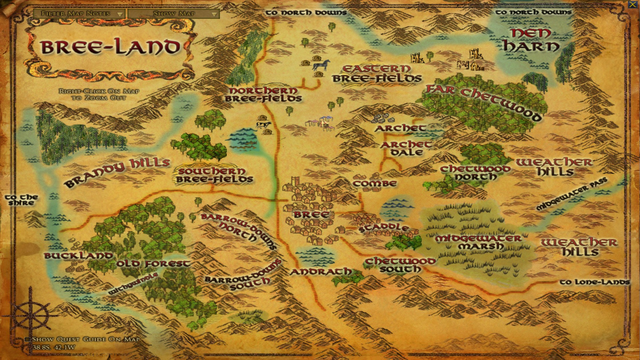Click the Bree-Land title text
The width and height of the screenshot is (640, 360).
(110, 47)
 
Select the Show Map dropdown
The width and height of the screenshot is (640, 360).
(174, 14)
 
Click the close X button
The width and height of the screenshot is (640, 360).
(632, 5)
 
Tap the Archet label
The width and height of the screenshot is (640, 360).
(400, 128)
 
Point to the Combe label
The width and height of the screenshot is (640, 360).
(375, 184)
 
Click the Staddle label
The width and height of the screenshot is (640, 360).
(384, 228)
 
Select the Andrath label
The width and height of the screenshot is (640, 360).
(320, 272)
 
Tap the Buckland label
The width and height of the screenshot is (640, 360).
(78, 256)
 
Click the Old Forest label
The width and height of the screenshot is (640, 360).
(153, 264)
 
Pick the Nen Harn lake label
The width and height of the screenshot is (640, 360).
(530, 40)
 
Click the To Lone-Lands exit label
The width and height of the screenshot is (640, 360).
(595, 282)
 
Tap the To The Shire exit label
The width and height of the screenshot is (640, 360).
(21, 200)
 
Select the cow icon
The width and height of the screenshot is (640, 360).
(263, 125)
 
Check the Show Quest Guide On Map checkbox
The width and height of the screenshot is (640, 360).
(28, 339)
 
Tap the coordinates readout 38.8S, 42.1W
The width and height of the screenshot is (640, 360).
(53, 347)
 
